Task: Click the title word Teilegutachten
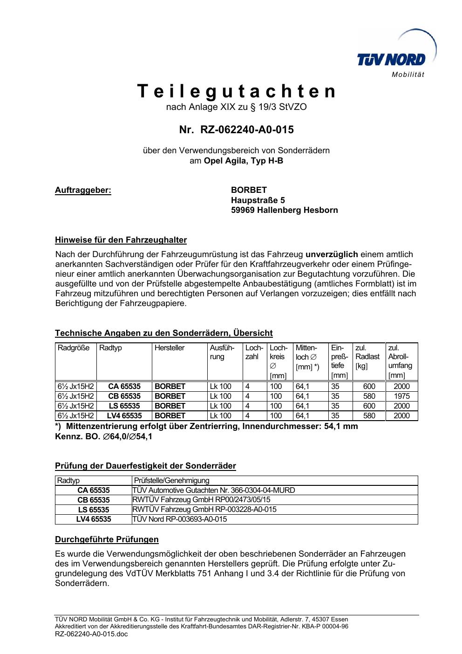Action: [x=237, y=91]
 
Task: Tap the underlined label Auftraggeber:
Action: [x=83, y=190]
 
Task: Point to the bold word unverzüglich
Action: [x=332, y=254]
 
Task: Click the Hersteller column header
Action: [x=170, y=348]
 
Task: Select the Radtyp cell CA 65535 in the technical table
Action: [x=124, y=386]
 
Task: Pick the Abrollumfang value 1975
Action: [x=401, y=396]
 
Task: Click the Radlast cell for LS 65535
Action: [x=369, y=406]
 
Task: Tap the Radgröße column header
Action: [x=74, y=348]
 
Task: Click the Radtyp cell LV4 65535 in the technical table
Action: [x=124, y=416]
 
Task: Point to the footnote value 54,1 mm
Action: [x=341, y=426]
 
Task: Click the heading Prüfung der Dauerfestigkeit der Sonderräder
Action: [x=145, y=466]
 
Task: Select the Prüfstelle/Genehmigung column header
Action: [x=171, y=480]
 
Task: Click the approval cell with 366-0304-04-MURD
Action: [x=214, y=490]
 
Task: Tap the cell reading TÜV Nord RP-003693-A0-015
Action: [x=180, y=519]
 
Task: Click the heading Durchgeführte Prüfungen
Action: [x=107, y=539]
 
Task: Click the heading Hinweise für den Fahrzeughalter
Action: [x=121, y=240]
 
